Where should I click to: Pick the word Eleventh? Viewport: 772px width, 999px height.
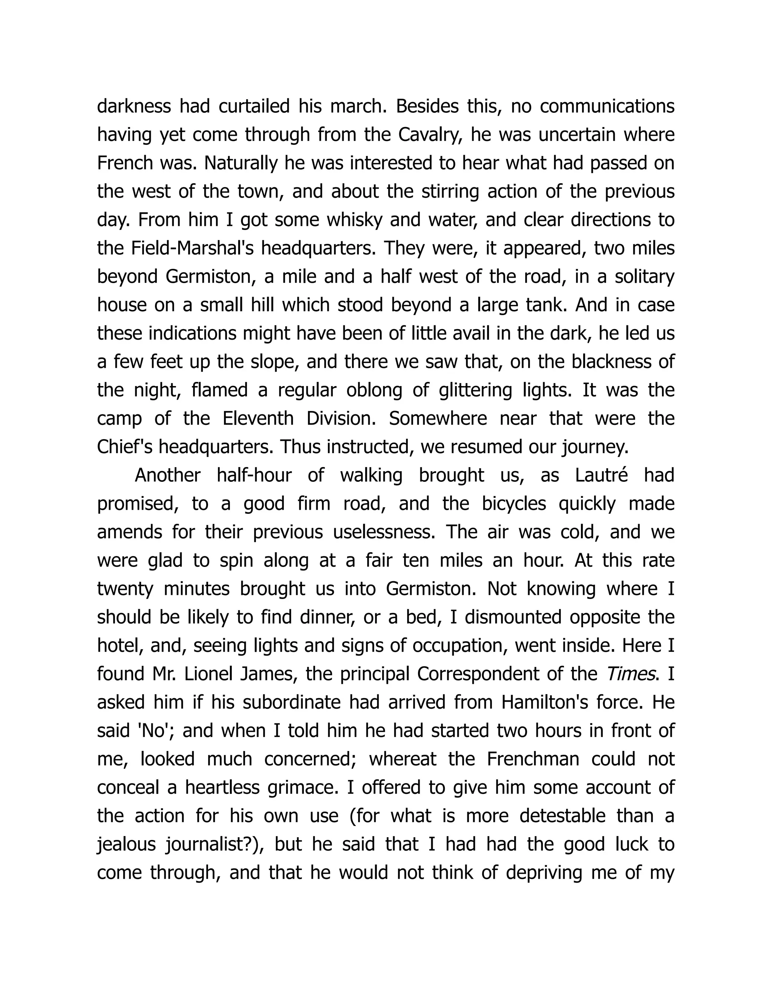258,418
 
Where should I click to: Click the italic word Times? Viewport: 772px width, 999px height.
631,674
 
